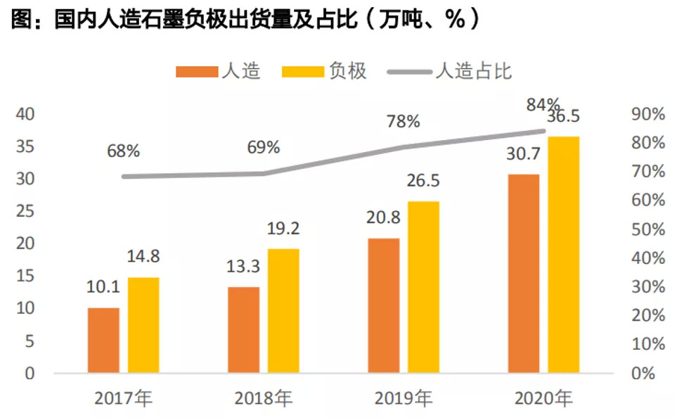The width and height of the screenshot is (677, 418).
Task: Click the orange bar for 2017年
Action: point(103,340)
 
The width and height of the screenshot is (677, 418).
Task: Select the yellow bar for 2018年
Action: point(283,310)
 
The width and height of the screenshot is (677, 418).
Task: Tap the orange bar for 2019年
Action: point(383,305)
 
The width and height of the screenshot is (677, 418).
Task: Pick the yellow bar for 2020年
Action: point(564,254)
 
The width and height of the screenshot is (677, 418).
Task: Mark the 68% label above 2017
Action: point(124,151)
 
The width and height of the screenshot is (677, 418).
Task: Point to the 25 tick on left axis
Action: point(25,211)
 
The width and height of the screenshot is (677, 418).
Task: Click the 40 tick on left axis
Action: point(25,114)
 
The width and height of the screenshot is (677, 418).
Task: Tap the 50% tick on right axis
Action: point(647,229)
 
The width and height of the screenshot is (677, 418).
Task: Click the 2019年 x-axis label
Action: point(403,398)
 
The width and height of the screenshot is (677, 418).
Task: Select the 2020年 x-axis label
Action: point(543,398)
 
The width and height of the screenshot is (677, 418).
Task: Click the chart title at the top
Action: point(245,18)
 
